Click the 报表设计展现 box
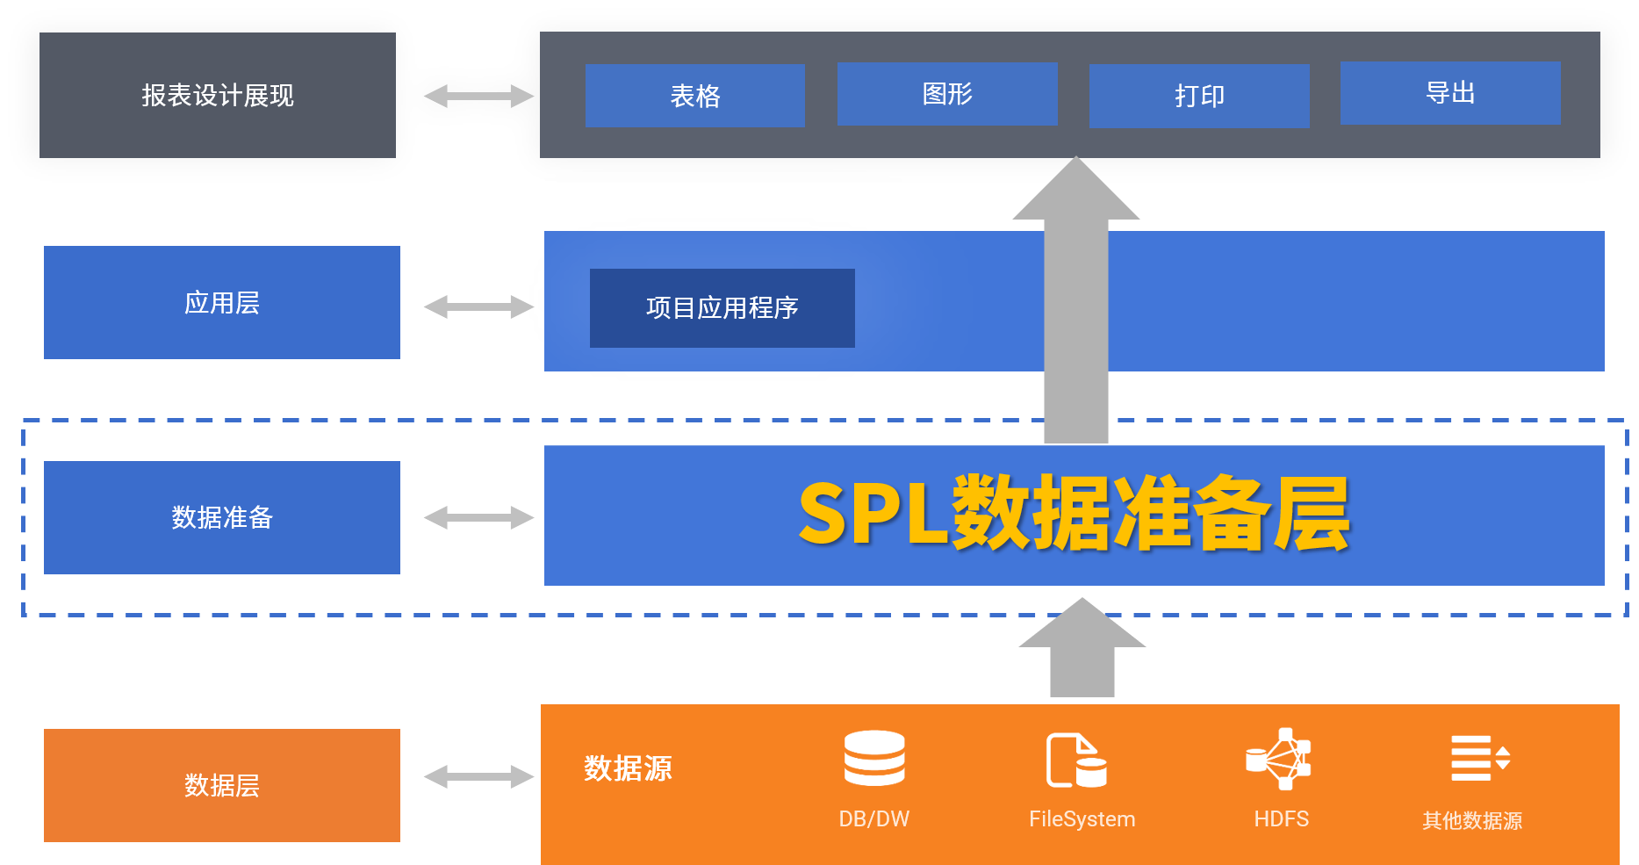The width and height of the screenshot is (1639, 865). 218,95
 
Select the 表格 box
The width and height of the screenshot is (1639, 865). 694,96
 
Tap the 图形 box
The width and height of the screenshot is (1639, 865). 947,94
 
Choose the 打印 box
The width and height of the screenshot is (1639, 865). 1199,96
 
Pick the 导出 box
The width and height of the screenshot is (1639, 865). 1450,93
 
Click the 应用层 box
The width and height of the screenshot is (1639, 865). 222,302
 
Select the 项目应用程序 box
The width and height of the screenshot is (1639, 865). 722,308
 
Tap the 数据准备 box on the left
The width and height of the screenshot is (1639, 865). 222,517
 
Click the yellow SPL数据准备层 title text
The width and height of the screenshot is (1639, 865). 1074,515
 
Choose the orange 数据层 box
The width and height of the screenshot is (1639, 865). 222,785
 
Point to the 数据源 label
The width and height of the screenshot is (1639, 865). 628,768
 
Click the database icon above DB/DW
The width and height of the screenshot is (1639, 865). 874,758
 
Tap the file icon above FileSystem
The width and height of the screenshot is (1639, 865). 1077,760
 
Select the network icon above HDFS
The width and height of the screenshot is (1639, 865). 1280,759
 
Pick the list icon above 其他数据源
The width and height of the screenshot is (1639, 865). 1479,758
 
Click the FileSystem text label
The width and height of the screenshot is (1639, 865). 1082,819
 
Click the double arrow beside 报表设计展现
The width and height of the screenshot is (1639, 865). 478,96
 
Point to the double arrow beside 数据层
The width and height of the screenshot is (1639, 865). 478,776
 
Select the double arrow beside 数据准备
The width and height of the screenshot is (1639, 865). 478,517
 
